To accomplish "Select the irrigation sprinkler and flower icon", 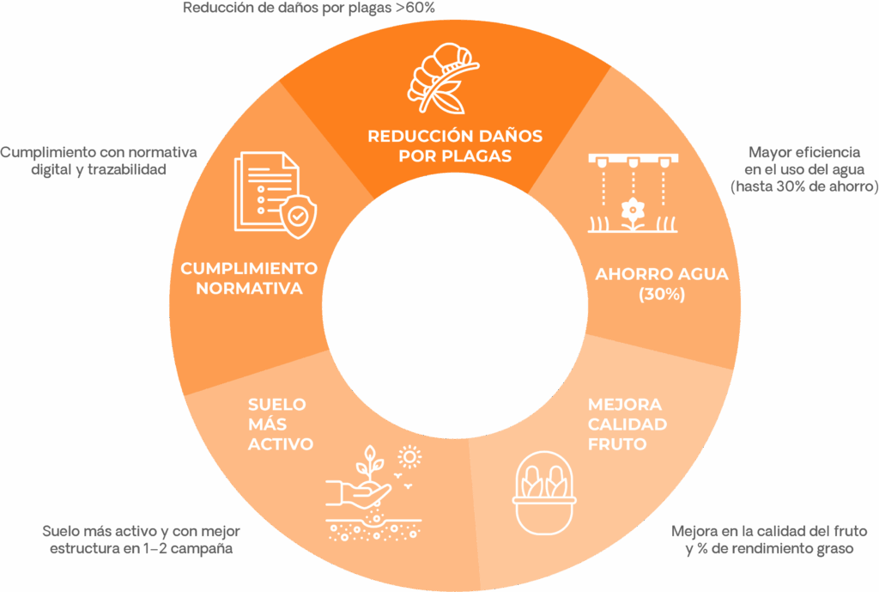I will [x=633, y=193].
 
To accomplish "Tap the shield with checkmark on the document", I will [x=296, y=215].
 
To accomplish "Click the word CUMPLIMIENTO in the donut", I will [x=249, y=268].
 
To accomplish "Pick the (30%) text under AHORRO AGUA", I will [x=661, y=294].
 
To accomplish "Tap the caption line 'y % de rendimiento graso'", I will [x=770, y=548].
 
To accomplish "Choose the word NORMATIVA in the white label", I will [x=249, y=289].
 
